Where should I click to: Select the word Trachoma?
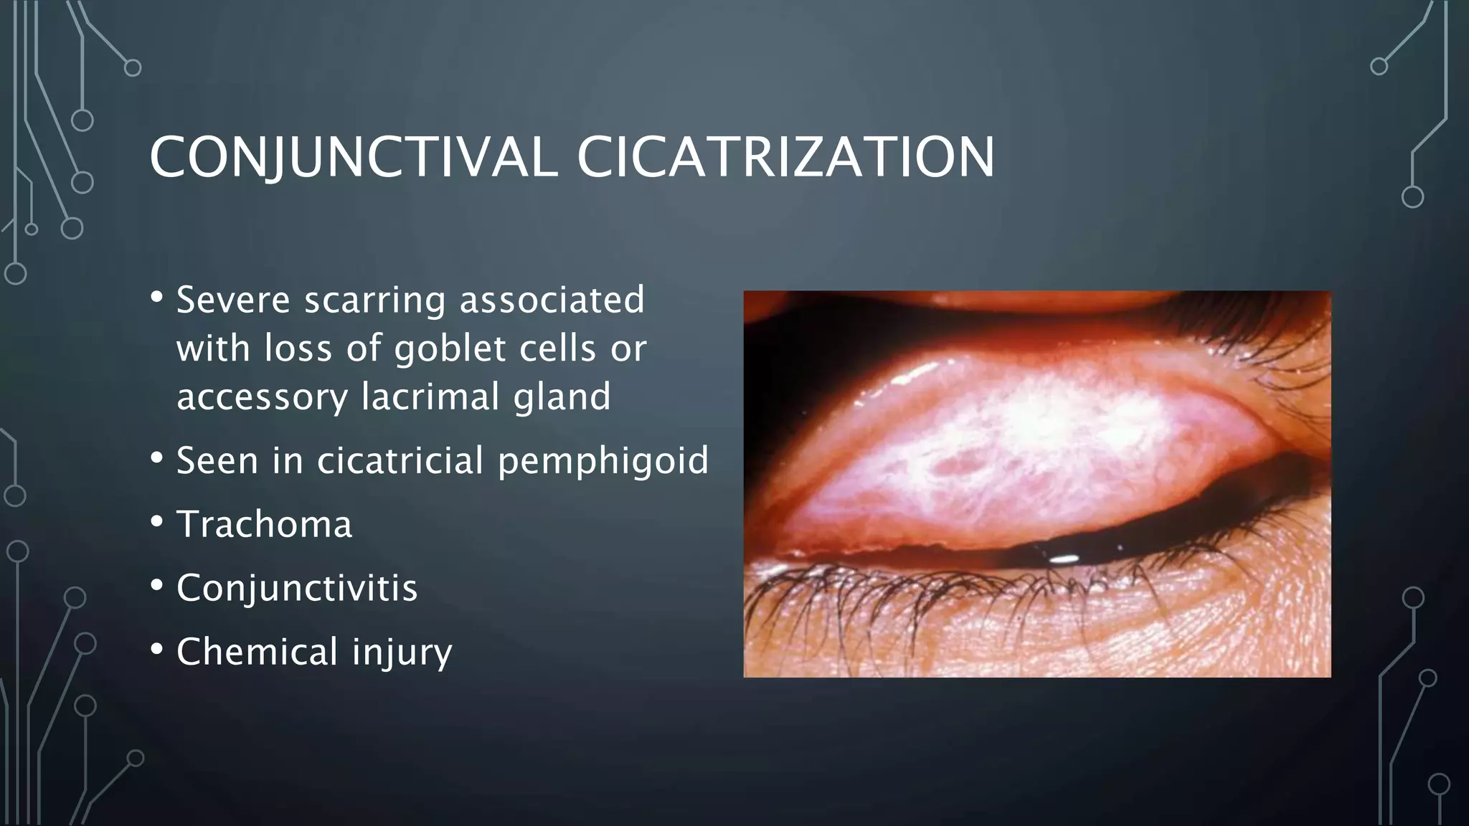pyautogui.click(x=265, y=524)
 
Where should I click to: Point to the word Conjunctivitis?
pyautogui.click(x=297, y=588)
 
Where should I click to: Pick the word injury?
pyautogui.click(x=402, y=652)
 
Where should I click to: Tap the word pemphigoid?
pyautogui.click(x=603, y=461)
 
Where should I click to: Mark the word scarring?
pyautogui.click(x=374, y=301)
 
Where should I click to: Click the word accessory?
pyautogui.click(x=262, y=398)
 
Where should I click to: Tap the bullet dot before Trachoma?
pyautogui.click(x=157, y=523)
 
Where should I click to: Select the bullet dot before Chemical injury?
pyautogui.click(x=157, y=650)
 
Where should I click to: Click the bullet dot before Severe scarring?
pyautogui.click(x=157, y=298)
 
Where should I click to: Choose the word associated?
pyautogui.click(x=552, y=300)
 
